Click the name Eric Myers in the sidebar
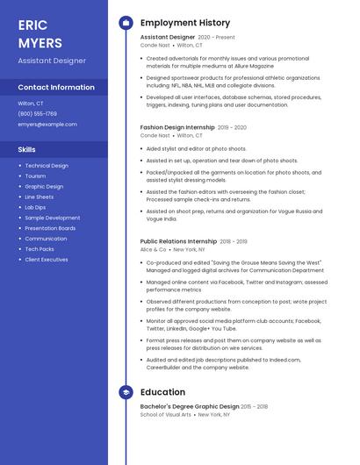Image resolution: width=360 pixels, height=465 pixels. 40,33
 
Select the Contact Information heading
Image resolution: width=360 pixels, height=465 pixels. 56,88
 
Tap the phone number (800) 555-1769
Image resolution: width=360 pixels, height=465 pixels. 38,114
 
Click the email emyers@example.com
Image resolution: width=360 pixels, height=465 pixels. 47,125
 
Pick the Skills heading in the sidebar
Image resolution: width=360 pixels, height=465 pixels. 27,150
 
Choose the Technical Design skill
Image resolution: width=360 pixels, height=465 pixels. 47,166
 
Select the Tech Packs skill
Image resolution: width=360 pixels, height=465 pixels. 40,249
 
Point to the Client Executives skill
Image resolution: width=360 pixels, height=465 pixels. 47,260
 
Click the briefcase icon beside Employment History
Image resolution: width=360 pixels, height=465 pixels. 126,22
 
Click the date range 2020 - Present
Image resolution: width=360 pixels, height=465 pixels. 217,38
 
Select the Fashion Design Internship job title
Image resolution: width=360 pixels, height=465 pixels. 177,127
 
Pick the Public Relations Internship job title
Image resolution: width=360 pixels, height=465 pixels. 178,241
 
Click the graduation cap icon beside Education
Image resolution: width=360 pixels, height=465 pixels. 126,391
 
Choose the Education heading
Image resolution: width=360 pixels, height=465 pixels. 163,391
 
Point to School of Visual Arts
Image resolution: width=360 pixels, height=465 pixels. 167,415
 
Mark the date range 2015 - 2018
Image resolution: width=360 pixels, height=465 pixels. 255,407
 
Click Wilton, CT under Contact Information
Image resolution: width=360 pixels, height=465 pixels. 31,104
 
